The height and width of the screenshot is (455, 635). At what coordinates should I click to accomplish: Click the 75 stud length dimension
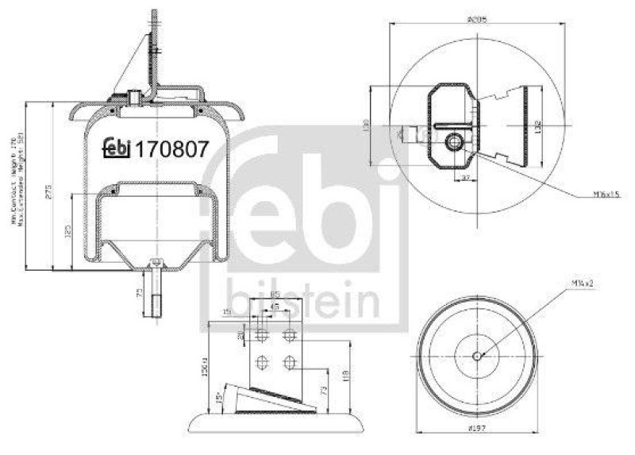point(140,294)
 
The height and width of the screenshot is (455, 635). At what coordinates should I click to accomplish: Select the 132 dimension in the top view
point(537,125)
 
